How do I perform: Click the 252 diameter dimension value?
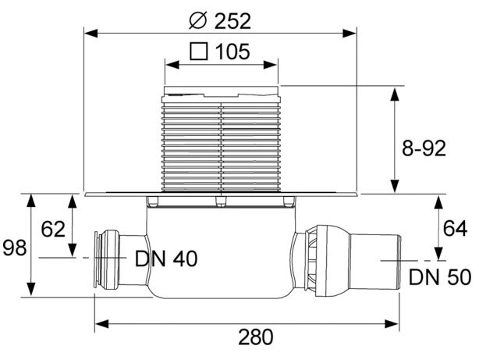232,21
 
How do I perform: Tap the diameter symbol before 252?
198,20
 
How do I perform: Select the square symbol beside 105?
199,51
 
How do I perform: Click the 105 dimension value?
232,52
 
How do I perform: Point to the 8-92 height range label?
424,148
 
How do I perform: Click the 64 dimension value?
455,228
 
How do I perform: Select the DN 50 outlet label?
440,277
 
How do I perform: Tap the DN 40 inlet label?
166,258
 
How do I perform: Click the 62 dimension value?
53,229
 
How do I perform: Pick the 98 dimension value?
14,248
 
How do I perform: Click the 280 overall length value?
256,337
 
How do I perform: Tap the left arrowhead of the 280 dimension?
101,323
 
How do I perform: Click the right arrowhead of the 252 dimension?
349,34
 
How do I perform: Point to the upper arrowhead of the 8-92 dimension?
395,94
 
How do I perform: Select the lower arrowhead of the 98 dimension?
31,289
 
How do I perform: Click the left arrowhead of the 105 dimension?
172,65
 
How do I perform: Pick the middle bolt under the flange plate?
221,202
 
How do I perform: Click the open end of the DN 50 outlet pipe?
399,261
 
